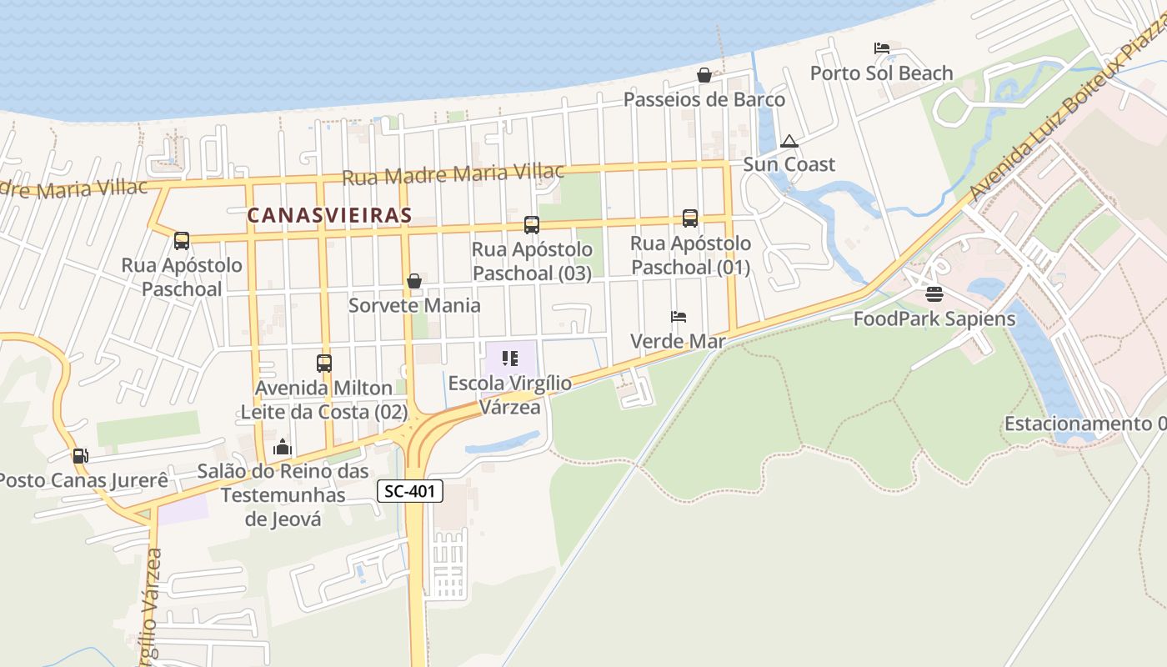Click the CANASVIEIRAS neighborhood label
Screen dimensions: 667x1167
(329, 215)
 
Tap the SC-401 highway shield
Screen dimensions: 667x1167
(410, 491)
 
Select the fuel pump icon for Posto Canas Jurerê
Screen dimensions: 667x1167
(80, 455)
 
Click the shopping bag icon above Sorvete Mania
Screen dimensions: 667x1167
(413, 281)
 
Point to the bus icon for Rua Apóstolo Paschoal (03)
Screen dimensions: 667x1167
(531, 224)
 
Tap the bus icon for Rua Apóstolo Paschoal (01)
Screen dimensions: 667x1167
(689, 218)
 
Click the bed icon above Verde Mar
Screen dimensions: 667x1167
(679, 317)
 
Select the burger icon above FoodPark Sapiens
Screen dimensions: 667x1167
(934, 294)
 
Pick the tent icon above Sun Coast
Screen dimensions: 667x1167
(789, 140)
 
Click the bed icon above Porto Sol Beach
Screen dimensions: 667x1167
(881, 48)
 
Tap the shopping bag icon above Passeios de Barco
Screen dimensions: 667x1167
(704, 75)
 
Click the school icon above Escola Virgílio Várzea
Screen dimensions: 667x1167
(510, 359)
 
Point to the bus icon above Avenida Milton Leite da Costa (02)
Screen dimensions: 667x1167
(323, 364)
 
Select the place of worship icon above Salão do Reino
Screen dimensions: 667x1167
(283, 447)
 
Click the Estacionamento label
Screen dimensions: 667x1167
(1084, 424)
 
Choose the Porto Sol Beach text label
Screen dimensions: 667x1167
(881, 73)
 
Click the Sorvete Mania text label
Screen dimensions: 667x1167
(414, 305)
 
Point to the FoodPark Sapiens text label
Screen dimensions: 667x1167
(934, 318)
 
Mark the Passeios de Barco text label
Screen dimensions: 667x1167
(704, 100)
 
